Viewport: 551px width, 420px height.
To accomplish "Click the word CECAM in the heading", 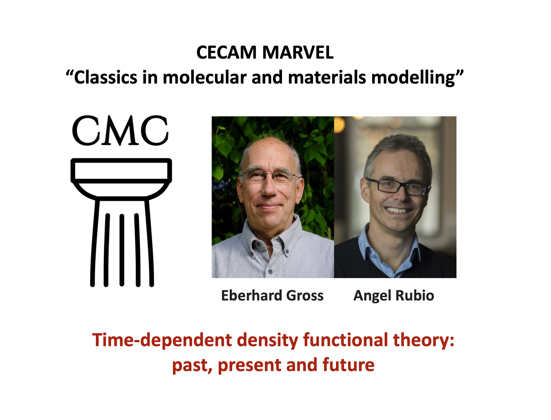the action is click(x=226, y=53).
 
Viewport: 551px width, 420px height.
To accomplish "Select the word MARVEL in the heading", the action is click(x=298, y=53).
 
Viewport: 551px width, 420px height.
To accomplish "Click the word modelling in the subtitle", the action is click(x=413, y=78).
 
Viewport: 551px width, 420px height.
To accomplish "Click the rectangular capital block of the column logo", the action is click(x=121, y=171).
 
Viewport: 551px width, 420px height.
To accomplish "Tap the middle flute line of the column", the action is click(x=122, y=250).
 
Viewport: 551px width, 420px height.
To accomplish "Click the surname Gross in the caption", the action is click(x=305, y=296).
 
